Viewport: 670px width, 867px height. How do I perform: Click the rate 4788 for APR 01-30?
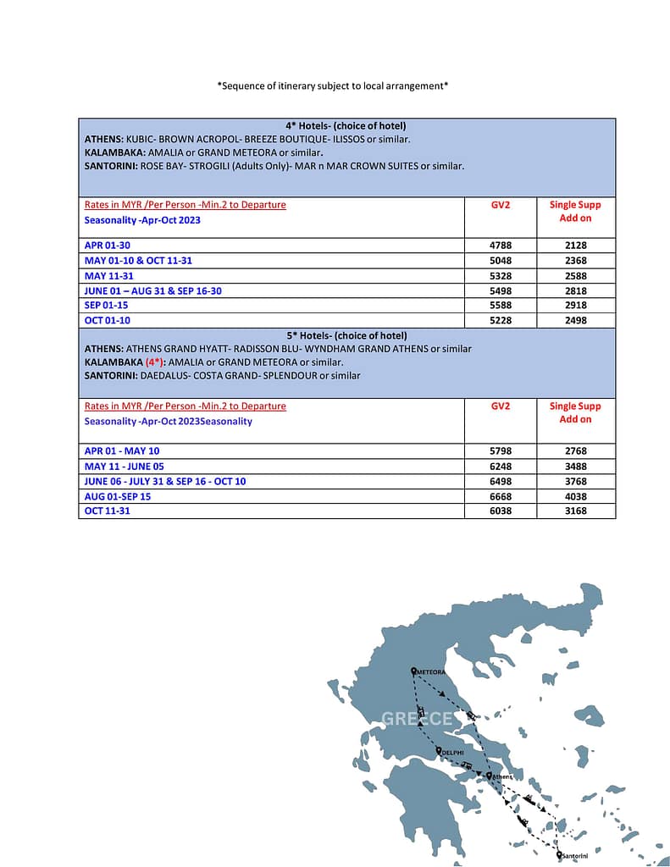click(x=500, y=246)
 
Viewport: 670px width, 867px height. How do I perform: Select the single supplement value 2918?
click(x=575, y=306)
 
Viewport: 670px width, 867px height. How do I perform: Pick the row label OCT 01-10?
click(x=108, y=321)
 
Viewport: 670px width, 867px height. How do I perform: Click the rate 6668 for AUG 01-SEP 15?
click(x=500, y=497)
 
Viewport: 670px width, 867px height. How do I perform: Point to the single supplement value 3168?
click(x=575, y=511)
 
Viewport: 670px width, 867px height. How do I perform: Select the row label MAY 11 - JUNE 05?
click(x=125, y=467)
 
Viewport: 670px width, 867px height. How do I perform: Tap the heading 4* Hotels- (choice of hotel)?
click(x=346, y=126)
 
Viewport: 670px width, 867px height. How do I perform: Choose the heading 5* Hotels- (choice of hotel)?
click(x=346, y=335)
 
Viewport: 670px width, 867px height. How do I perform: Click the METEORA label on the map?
click(x=431, y=672)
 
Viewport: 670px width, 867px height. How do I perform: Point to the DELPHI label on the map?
click(x=451, y=752)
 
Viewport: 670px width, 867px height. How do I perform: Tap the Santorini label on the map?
click(x=576, y=857)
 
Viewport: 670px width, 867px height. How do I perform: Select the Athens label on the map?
click(x=502, y=776)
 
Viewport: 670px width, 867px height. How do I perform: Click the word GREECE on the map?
click(x=417, y=719)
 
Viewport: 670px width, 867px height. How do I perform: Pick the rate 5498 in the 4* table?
click(x=500, y=291)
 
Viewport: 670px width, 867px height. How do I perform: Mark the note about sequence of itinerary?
click(x=333, y=86)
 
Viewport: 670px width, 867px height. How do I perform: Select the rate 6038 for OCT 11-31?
click(x=500, y=511)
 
